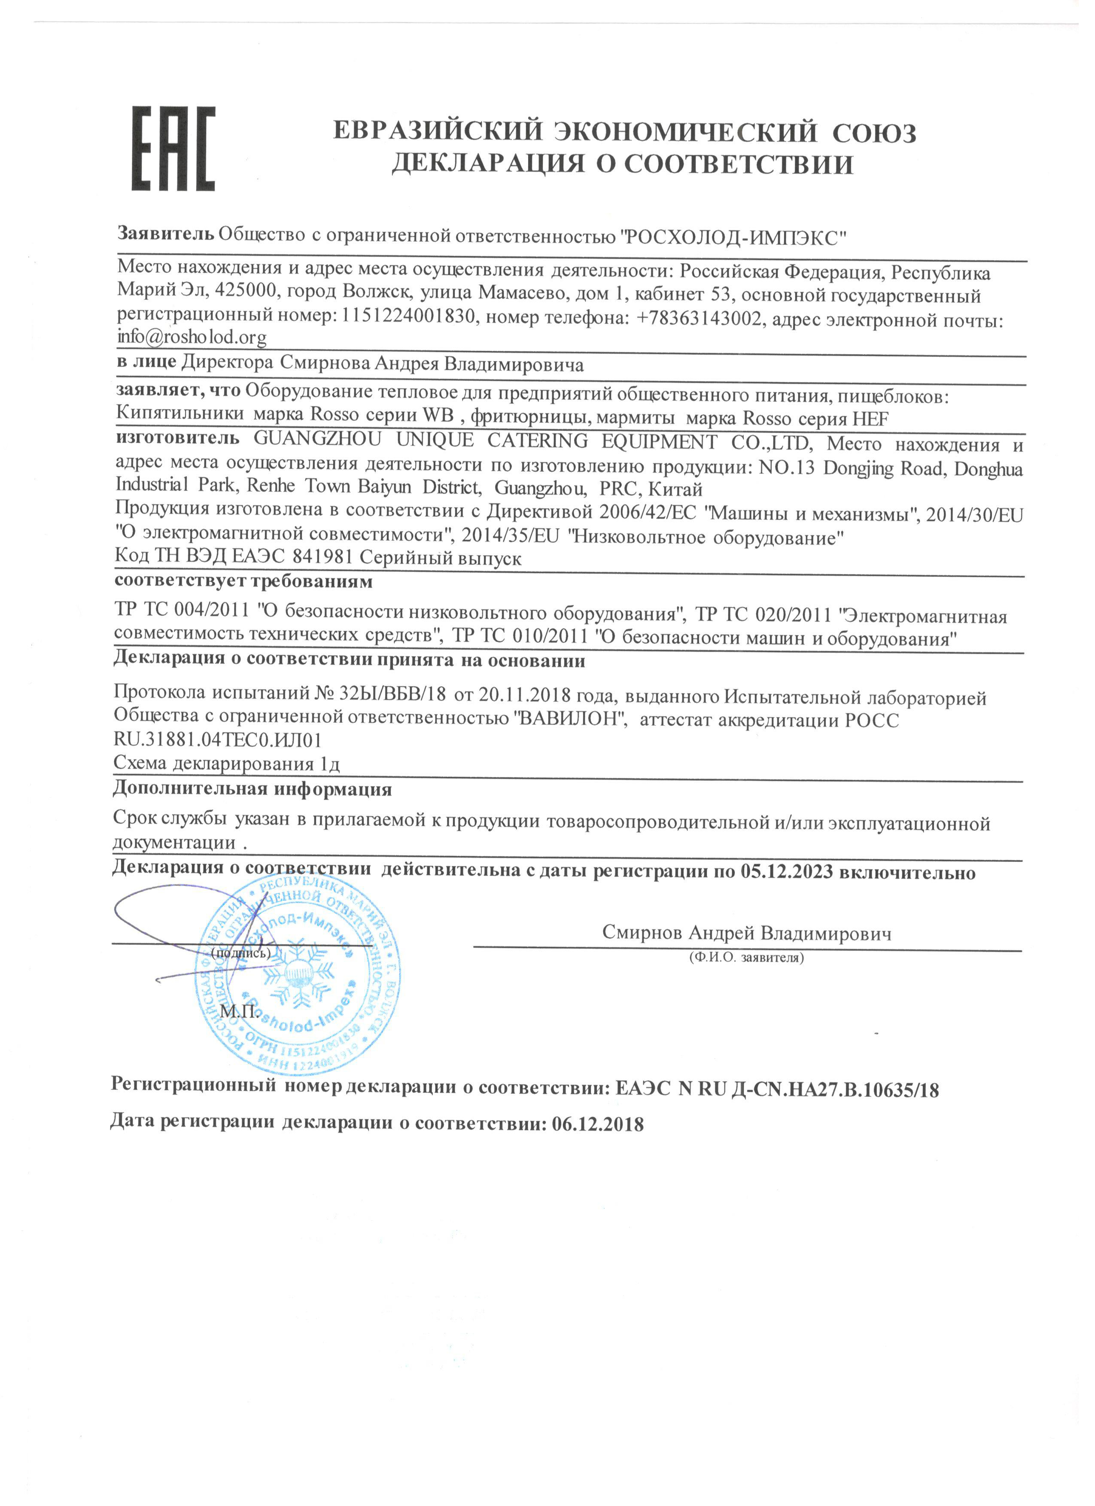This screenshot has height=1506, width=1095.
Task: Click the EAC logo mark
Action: point(173,149)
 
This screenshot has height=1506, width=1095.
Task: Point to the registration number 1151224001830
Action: point(408,317)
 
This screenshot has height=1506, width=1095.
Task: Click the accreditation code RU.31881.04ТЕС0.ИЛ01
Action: point(218,740)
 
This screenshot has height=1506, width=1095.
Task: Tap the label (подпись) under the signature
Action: point(240,953)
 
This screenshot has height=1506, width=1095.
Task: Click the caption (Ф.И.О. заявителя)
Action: point(746,958)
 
